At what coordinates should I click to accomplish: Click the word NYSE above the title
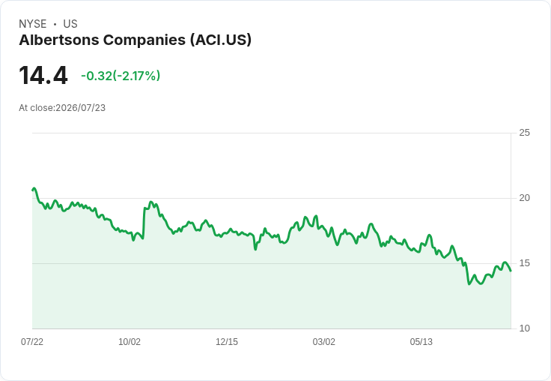pos(33,24)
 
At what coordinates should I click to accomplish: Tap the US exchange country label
pos(70,24)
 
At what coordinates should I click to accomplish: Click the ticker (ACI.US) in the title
pos(221,40)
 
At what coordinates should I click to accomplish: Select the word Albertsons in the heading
pos(59,40)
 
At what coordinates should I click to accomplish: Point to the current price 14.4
pos(43,75)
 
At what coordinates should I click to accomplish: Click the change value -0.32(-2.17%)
pos(121,76)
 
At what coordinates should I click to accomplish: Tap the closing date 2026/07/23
pos(80,108)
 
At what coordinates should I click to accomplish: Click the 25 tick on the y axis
pos(524,133)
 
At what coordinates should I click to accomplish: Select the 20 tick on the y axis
pos(524,198)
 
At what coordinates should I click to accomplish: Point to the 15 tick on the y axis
pos(524,263)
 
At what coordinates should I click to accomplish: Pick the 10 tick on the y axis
pos(524,328)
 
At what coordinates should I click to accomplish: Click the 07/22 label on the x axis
pos(32,341)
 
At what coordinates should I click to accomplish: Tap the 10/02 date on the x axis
pos(130,341)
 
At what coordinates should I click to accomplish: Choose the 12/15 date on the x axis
pos(227,341)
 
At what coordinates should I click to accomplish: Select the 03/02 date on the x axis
pos(323,341)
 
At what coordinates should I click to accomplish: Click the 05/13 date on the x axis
pos(421,341)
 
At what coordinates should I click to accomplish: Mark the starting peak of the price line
pos(34,188)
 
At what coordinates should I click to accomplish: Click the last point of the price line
pos(511,271)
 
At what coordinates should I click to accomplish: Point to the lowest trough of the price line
pos(469,283)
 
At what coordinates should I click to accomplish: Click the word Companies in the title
pos(144,40)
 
